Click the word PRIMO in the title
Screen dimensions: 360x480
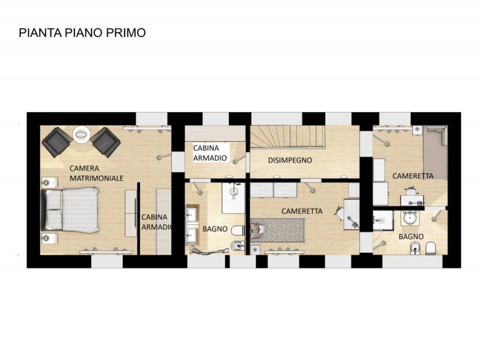(126, 32)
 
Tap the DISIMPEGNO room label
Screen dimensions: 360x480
(290, 160)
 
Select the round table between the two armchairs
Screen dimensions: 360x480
(81, 135)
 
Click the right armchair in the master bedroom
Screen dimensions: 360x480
(105, 142)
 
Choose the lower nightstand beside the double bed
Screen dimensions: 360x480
(48, 238)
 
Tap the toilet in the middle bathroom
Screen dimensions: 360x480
(239, 230)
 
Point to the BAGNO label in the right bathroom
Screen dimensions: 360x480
(411, 237)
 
